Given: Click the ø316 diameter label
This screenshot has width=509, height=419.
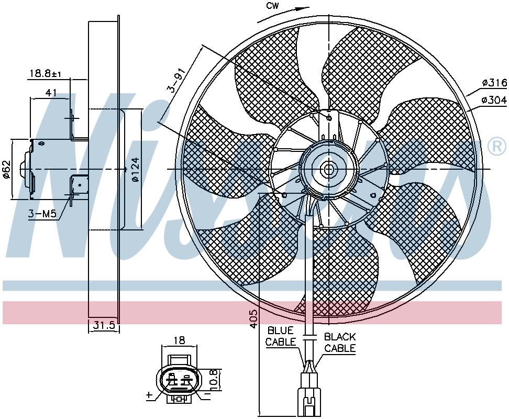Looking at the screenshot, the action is point(494,83).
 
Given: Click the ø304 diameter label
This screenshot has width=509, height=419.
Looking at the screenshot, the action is point(494,100).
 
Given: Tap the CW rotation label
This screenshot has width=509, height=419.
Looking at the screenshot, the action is point(272,6).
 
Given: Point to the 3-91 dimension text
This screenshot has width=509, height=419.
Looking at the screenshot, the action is point(177,80).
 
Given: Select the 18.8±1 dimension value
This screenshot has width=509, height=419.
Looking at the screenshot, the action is point(45,74).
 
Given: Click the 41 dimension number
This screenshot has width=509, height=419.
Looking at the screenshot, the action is point(51,93).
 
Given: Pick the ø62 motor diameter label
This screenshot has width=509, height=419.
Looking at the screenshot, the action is point(7,169).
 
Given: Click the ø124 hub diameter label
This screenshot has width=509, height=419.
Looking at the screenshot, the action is point(136,169).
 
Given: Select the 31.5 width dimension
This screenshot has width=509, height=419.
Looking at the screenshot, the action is point(104,325).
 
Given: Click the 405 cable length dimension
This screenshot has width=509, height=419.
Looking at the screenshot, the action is point(254,318).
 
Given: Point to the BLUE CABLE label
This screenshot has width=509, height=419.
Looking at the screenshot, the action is point(281,336).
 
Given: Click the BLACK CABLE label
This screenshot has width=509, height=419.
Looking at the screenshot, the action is point(340,343).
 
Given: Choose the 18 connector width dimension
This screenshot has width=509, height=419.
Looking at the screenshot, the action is point(179,340).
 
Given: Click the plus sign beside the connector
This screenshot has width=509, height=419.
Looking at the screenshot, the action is point(149,395).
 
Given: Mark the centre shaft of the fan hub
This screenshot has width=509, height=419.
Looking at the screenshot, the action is point(328,169).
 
